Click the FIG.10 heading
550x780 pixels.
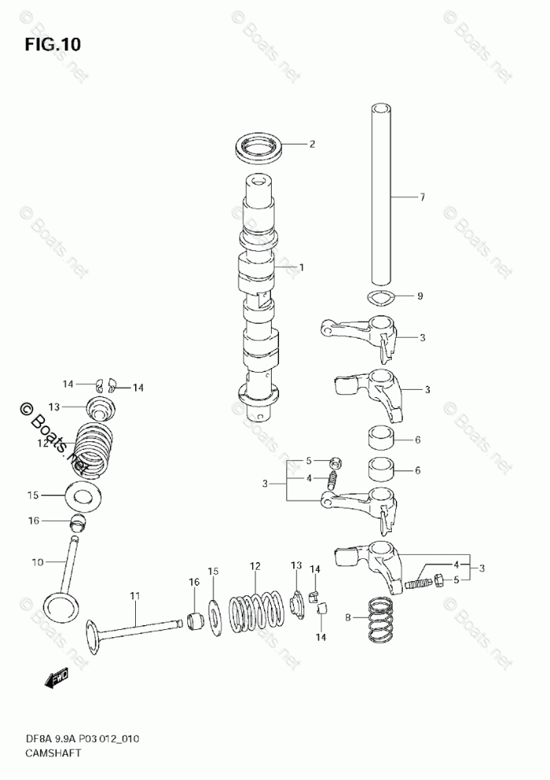[51, 44]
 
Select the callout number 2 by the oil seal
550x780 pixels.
[312, 144]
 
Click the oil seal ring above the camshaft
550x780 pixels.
[258, 147]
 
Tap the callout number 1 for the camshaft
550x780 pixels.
[301, 268]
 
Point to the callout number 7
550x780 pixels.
[422, 197]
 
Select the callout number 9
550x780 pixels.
[420, 296]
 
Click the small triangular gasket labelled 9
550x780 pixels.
[382, 297]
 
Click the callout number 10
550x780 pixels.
[36, 562]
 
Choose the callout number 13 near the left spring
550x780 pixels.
[54, 407]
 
